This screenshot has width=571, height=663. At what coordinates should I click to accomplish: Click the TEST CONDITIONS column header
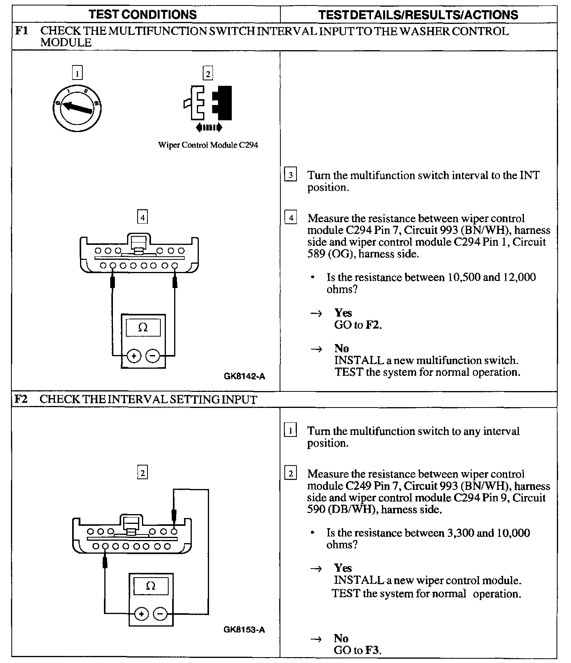pyautogui.click(x=142, y=15)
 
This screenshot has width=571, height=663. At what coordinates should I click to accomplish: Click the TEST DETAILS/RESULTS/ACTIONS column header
pyautogui.click(x=418, y=15)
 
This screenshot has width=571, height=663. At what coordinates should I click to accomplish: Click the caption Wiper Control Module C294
pyautogui.click(x=208, y=145)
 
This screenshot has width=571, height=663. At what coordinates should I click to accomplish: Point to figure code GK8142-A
pyautogui.click(x=244, y=377)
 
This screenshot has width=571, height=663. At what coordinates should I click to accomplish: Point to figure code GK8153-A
pyautogui.click(x=244, y=630)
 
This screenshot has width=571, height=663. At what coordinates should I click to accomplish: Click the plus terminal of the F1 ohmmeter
pyautogui.click(x=134, y=356)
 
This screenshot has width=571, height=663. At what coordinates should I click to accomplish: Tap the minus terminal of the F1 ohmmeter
pyautogui.click(x=153, y=356)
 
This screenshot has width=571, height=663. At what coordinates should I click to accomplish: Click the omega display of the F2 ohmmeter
pyautogui.click(x=151, y=586)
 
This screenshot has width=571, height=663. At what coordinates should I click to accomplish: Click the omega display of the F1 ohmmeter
pyautogui.click(x=143, y=328)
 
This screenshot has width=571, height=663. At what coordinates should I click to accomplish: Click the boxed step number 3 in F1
pyautogui.click(x=290, y=175)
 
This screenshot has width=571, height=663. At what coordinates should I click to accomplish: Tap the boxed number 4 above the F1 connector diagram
pyautogui.click(x=143, y=217)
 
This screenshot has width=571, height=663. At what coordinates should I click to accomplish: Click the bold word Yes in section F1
pyautogui.click(x=343, y=313)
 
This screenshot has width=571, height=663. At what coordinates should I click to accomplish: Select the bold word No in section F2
pyautogui.click(x=341, y=638)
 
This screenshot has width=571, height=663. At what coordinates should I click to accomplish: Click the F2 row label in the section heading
pyautogui.click(x=20, y=399)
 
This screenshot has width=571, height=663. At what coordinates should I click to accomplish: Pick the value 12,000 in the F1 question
pyautogui.click(x=520, y=277)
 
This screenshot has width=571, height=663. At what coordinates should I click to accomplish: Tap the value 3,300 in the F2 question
pyautogui.click(x=460, y=533)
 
